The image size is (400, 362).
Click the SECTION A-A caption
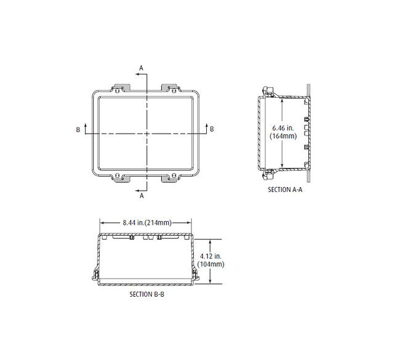(285, 190)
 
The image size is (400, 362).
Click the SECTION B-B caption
(147, 294)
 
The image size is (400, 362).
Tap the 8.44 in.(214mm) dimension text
(147, 223)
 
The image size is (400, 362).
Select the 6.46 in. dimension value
(283, 128)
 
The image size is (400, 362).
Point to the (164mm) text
(283, 136)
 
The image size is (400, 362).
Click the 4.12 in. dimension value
(210, 255)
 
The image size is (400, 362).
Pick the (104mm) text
(210, 264)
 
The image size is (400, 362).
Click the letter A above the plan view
(141, 68)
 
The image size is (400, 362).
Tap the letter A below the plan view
(142, 196)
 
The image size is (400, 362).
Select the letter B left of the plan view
(78, 130)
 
